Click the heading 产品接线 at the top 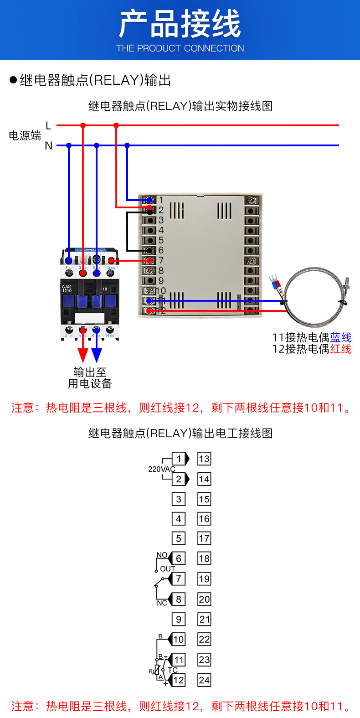point(180,24)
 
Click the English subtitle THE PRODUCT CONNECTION point(180,48)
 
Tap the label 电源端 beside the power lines point(25,135)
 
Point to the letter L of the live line point(48,125)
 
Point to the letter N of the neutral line point(48,146)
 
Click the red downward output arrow point(83,354)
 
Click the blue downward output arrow point(97,354)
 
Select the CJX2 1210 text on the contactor point(67,289)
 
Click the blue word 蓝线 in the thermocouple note point(341,337)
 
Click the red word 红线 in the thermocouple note point(341,349)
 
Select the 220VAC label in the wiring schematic point(161,469)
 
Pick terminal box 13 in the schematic point(204,459)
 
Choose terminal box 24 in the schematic point(204,680)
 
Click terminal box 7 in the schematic point(179,579)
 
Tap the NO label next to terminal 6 point(162,555)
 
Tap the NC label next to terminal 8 point(162,603)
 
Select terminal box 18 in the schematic point(204,558)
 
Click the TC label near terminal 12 point(173,670)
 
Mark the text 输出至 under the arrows point(90,372)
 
